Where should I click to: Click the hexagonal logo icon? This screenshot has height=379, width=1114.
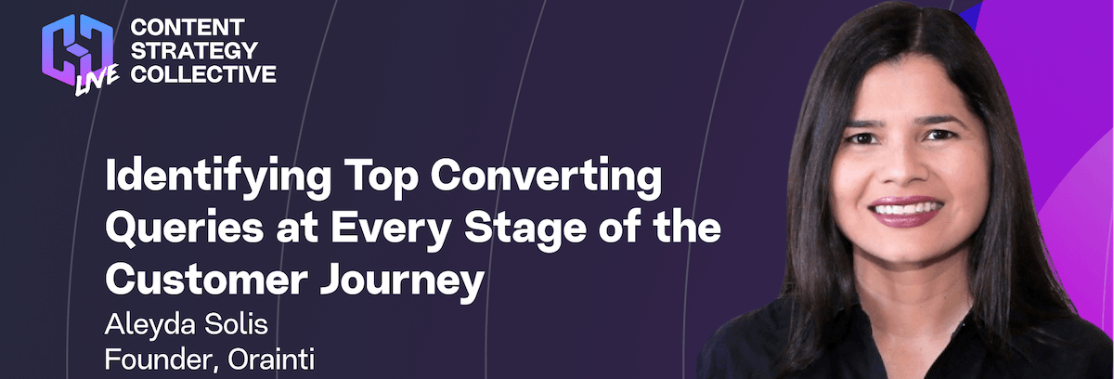78,50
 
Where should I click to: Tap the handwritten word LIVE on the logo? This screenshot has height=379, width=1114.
97,80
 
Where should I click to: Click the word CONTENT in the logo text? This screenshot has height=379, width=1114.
188,27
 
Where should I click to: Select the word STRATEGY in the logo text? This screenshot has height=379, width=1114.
194,51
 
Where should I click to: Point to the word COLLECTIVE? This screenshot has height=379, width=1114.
203,74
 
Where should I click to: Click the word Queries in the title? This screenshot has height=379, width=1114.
184,229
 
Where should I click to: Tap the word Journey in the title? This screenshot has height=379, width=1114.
402,281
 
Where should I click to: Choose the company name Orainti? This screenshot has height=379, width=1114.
271,359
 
